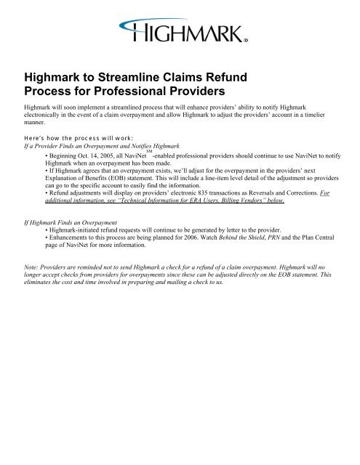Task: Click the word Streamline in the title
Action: point(145,76)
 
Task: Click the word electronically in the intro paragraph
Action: point(47,116)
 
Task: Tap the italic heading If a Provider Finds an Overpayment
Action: point(91,145)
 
